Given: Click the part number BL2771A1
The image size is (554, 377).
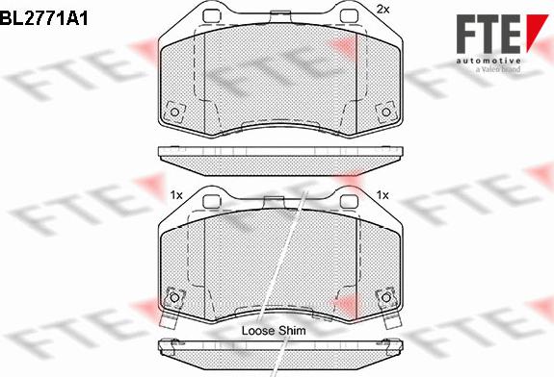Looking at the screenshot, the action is pos(43,18).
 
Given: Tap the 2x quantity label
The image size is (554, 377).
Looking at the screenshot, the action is pos(383,10).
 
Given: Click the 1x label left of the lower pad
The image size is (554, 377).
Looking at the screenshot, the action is pos(176,194).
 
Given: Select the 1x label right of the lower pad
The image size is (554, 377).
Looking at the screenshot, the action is pos(383,194).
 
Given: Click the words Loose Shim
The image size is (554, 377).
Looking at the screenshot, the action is pos(274,331).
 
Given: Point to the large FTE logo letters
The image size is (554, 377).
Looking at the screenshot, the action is pos(489,35).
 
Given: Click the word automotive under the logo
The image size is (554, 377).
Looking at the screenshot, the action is pos(488,61).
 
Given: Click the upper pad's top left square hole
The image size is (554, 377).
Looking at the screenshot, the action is pos(212,16).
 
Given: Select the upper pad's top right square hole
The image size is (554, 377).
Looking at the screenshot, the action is pos(349,16).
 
